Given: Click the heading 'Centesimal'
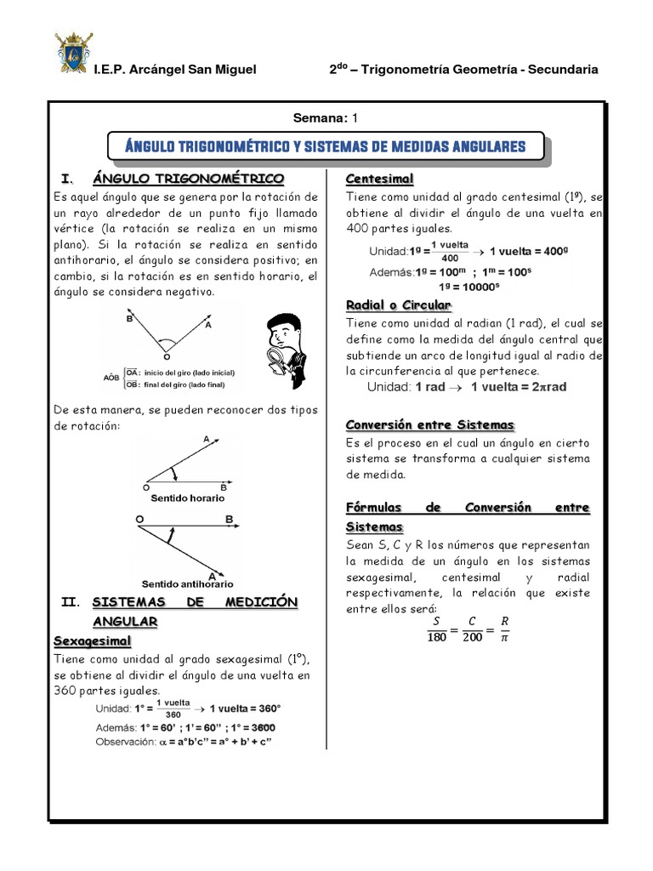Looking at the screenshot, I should pos(379,179).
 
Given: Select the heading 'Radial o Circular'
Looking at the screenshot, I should pos(399,305).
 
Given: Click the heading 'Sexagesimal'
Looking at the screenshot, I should pos(93,640).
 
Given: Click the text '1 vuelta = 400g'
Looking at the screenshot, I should pos(531,253).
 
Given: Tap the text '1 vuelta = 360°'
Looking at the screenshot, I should pos(247,708).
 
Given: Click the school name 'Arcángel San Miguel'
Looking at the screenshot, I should pos(197,70).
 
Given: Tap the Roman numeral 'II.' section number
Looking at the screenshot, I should pos(71,602).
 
